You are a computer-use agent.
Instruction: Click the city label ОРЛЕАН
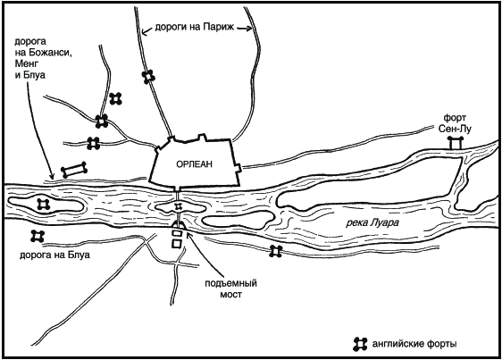click(x=194, y=164)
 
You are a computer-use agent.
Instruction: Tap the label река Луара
click(x=372, y=223)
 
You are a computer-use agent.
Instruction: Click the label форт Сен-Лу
click(x=455, y=123)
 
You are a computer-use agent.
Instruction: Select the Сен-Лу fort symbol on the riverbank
click(x=456, y=143)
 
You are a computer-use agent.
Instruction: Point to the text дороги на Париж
click(x=195, y=27)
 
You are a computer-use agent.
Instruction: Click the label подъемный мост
click(x=230, y=289)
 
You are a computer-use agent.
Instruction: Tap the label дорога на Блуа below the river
click(x=54, y=255)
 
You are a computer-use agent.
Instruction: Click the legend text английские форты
click(x=414, y=344)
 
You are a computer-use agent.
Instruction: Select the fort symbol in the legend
click(x=360, y=344)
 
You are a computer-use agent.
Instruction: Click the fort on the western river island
click(x=44, y=204)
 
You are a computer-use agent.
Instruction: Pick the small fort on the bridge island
click(x=178, y=206)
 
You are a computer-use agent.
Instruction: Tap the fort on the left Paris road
click(x=148, y=77)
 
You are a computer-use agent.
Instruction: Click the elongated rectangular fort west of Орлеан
click(x=74, y=170)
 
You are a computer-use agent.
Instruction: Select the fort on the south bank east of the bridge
click(x=276, y=251)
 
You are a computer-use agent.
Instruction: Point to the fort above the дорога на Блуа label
click(x=38, y=236)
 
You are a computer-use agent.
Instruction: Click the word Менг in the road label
click(x=27, y=63)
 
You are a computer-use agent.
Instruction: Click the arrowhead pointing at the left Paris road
click(x=145, y=31)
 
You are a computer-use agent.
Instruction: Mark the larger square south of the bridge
click(x=176, y=243)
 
